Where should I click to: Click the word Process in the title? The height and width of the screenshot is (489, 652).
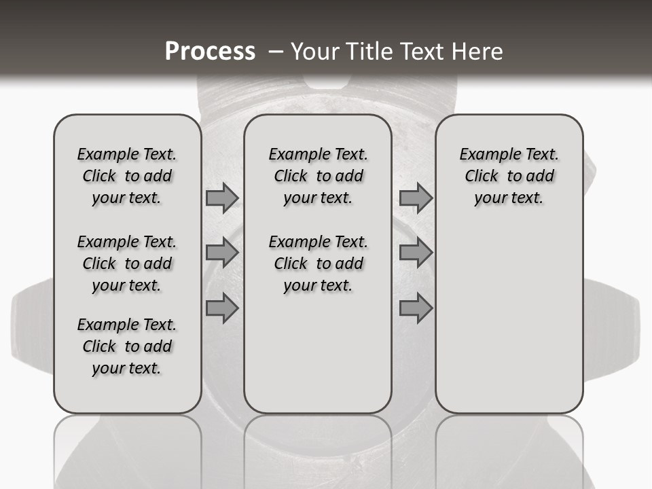209,52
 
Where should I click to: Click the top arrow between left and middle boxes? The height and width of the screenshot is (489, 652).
222,198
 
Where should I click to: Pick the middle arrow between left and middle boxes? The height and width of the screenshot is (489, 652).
222,253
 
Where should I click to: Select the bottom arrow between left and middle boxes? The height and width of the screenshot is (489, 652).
222,308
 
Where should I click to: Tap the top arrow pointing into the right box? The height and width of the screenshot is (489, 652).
416,198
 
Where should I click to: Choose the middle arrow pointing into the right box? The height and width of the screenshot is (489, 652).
416,253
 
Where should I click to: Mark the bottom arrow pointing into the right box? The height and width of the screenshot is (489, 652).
416,308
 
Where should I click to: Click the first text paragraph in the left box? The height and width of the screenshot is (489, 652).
127,176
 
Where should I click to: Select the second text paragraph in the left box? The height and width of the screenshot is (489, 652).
127,264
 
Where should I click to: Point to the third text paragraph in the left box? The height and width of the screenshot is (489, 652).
127,346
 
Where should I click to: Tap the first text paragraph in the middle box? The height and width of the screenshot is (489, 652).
318,176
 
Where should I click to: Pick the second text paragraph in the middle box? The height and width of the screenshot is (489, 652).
318,264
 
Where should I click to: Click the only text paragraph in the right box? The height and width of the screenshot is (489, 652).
509,176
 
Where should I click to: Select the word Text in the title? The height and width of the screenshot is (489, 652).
420,52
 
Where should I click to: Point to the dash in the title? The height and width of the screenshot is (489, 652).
274,52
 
